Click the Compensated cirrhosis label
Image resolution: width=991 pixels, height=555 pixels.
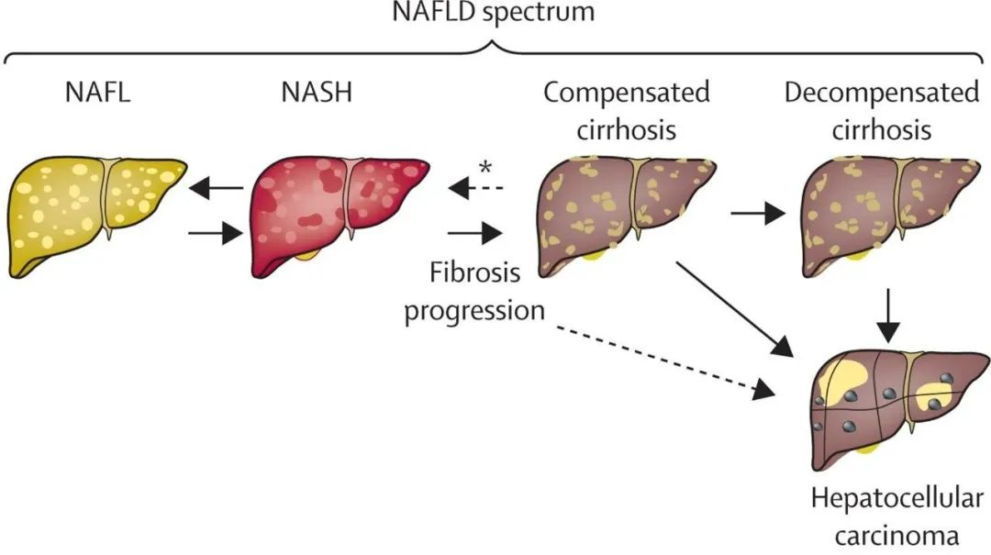tap(627, 111)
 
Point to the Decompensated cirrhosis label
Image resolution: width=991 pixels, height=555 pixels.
tap(882, 111)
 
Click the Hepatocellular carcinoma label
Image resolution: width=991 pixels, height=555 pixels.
tap(896, 516)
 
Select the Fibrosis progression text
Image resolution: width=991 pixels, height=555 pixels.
tap(474, 292)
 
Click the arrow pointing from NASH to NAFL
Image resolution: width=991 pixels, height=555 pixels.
tap(217, 190)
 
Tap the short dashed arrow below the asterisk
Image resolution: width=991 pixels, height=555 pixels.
tap(477, 190)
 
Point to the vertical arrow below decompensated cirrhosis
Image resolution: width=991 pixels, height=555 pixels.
tap(885, 314)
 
